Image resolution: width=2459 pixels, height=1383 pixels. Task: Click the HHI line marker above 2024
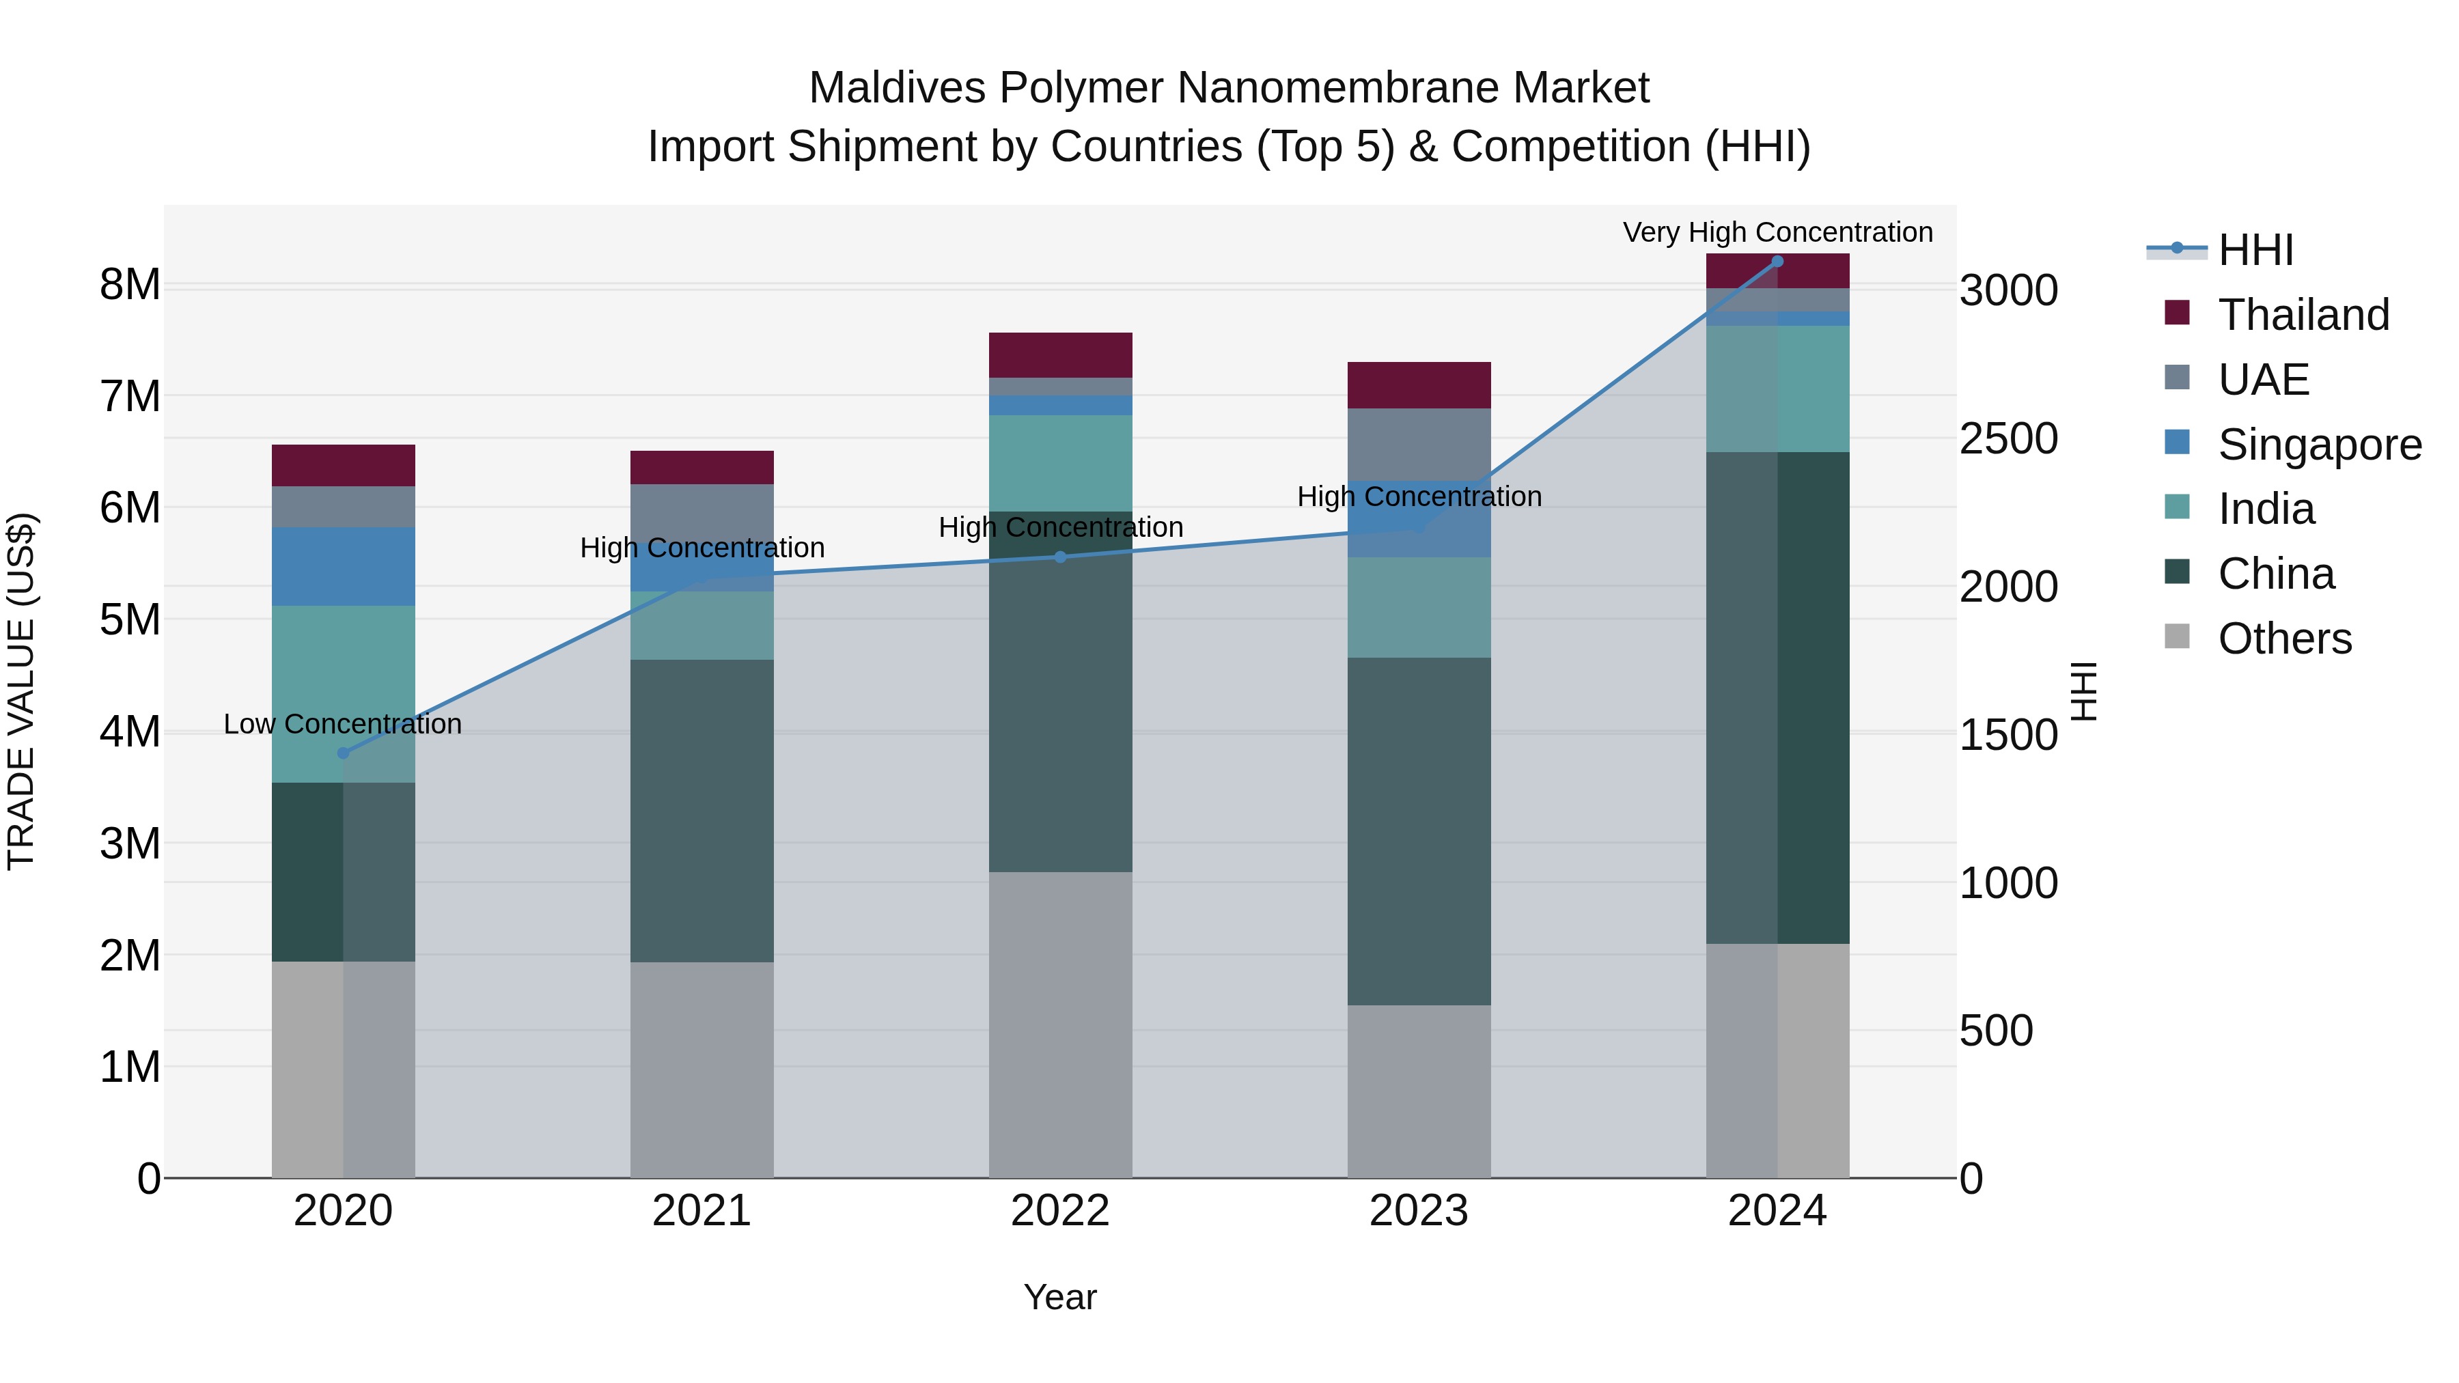coord(1777,262)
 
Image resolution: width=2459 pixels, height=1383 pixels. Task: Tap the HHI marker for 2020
coord(344,753)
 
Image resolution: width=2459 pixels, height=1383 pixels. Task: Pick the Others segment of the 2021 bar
coord(701,1069)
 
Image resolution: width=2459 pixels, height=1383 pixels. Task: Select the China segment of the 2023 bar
coord(1419,830)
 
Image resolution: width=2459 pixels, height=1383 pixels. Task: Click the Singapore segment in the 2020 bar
coord(344,566)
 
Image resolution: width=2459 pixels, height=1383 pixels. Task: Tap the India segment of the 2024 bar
coord(1777,389)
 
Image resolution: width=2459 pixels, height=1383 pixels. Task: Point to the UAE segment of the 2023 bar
coord(1419,444)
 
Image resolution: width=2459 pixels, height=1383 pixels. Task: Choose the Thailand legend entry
coord(2303,315)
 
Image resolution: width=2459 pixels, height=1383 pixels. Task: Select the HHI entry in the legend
coord(2255,250)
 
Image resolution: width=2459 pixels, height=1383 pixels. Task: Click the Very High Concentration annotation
coord(1777,232)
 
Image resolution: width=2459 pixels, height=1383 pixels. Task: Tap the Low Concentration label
coord(343,725)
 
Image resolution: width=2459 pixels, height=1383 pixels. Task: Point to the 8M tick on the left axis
coord(130,284)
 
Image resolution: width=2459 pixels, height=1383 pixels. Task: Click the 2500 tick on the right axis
coord(2008,439)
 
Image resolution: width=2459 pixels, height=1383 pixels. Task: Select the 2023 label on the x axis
coord(1419,1211)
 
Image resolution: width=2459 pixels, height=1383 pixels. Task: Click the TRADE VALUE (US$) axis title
coord(21,691)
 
